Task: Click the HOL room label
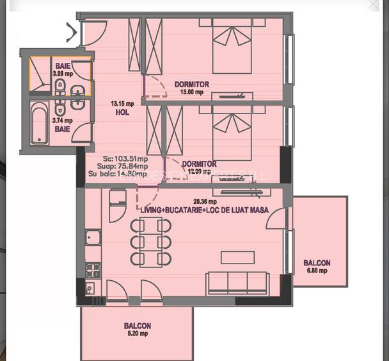[122, 112]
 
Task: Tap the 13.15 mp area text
[122, 103]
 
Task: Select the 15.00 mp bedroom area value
[192, 92]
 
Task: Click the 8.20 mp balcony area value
[138, 333]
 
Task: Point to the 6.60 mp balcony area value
[317, 271]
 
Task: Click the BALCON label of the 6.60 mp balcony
[317, 263]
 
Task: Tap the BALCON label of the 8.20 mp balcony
[138, 326]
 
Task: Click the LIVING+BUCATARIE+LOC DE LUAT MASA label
[205, 210]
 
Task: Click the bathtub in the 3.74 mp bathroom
[39, 123]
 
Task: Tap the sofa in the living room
[237, 283]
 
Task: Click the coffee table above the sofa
[237, 257]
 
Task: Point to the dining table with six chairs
[151, 242]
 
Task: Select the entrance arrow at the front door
[72, 31]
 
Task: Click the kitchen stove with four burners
[93, 269]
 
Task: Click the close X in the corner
[374, 5]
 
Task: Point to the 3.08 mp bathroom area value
[63, 74]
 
